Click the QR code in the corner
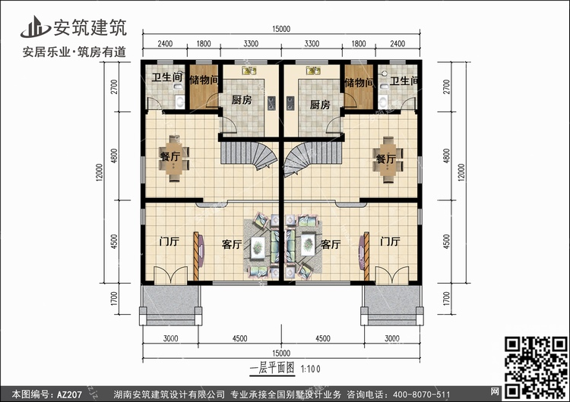point(537,368)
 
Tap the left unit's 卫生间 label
point(167,77)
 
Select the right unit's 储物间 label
point(359,83)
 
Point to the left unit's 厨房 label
point(242,100)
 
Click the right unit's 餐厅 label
point(385,159)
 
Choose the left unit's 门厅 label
point(169,241)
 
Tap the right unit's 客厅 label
point(331,244)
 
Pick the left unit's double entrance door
point(170,275)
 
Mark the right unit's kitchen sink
point(313,71)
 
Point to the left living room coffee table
point(258,247)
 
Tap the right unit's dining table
point(388,159)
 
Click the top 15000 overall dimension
point(281,29)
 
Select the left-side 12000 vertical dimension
point(100,172)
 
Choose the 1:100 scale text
point(310,369)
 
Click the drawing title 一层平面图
point(272,368)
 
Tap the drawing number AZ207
point(69,394)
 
